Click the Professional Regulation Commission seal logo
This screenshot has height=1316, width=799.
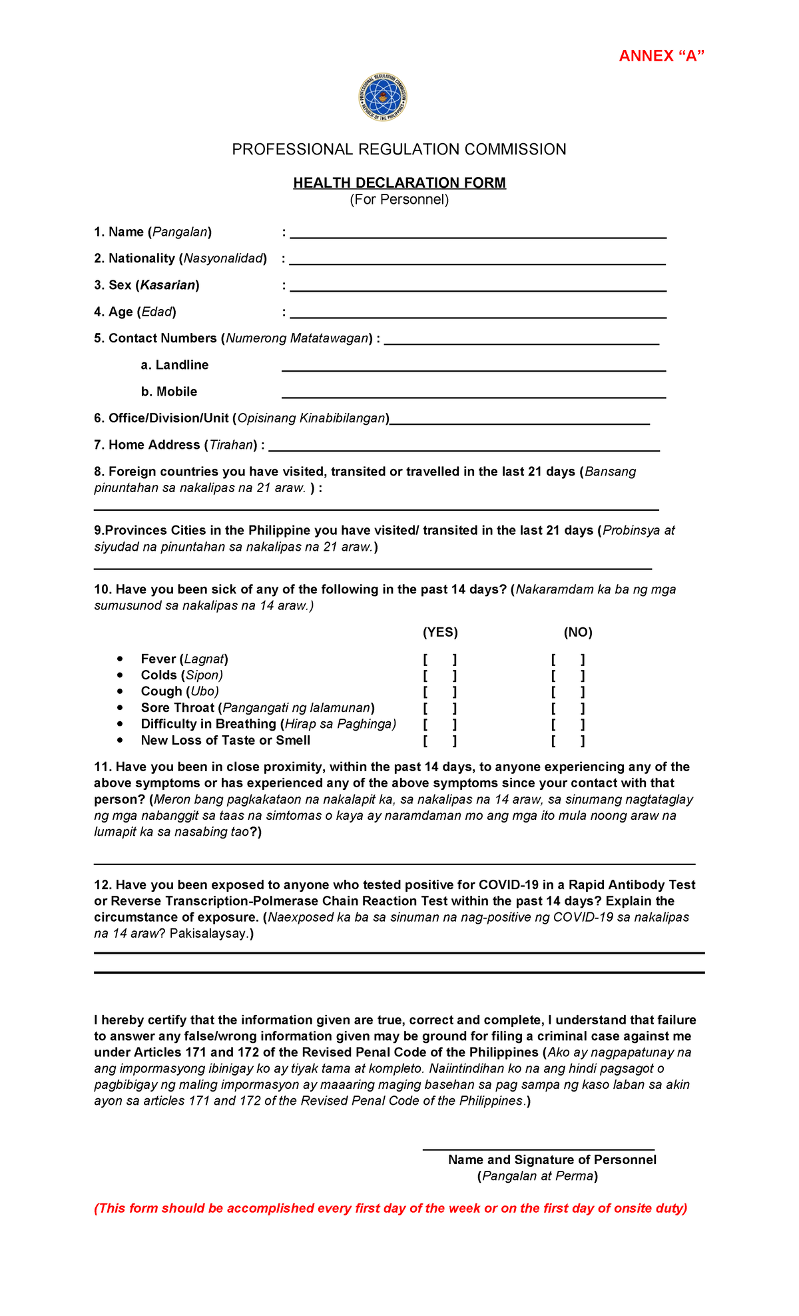383,98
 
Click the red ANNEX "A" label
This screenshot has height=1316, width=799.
661,56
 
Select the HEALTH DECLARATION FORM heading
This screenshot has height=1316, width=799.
400,182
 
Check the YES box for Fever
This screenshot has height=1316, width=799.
439,660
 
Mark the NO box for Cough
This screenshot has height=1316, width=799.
568,693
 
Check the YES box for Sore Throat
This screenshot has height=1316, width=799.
439,709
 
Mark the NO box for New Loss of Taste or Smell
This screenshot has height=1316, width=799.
568,741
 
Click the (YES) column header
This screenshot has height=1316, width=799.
440,632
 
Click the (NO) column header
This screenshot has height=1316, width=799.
578,632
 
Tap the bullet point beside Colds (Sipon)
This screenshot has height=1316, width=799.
120,675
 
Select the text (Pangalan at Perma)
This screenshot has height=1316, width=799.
537,1176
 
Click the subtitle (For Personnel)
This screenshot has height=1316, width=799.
400,200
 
